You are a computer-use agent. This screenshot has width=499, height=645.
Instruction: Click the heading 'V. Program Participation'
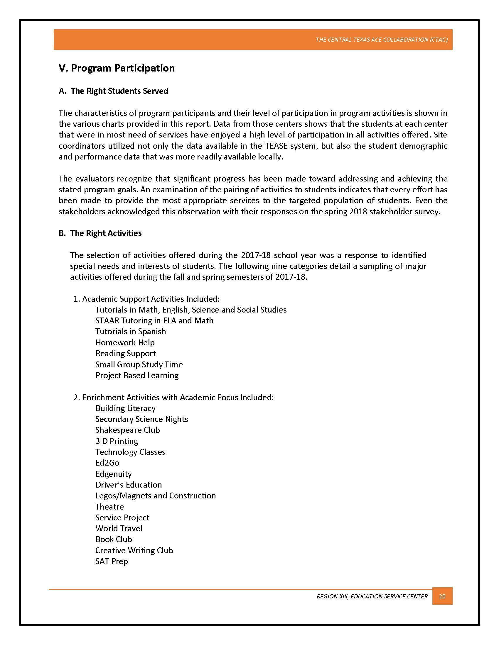tap(117, 68)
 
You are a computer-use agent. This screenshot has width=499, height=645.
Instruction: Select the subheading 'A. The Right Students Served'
tap(114, 91)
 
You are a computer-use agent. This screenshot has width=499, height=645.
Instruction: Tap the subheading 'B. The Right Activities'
tap(100, 233)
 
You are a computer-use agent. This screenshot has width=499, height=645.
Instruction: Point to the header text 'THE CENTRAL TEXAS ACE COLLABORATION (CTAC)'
tap(381, 40)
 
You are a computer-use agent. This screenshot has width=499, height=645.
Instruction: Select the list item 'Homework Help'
tap(125, 342)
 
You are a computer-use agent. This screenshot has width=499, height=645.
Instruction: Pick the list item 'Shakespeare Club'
tap(127, 430)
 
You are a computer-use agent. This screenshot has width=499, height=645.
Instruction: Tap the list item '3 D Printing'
tap(117, 441)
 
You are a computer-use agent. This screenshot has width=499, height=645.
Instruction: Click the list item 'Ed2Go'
tap(107, 463)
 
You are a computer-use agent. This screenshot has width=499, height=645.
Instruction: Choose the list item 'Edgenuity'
tap(114, 474)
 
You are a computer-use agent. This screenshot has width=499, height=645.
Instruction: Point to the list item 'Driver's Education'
tap(129, 485)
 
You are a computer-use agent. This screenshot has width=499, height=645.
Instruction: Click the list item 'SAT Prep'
tap(112, 561)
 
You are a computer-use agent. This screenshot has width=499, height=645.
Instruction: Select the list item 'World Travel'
tap(119, 528)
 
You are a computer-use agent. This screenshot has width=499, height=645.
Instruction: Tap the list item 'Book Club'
tap(114, 539)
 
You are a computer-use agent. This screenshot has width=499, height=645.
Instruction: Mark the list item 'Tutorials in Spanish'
tap(130, 331)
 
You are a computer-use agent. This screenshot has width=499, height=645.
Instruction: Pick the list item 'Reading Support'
tap(126, 354)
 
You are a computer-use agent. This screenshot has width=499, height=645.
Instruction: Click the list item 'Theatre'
tap(109, 507)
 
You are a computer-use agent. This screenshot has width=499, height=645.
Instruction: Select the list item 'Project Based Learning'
tap(137, 375)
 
